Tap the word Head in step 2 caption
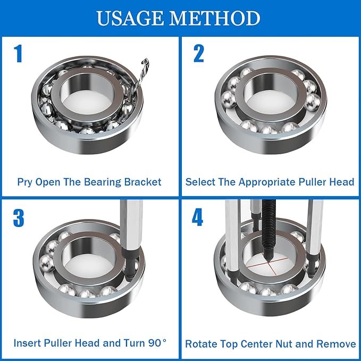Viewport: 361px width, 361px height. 342,182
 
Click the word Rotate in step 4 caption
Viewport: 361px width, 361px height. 200,344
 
